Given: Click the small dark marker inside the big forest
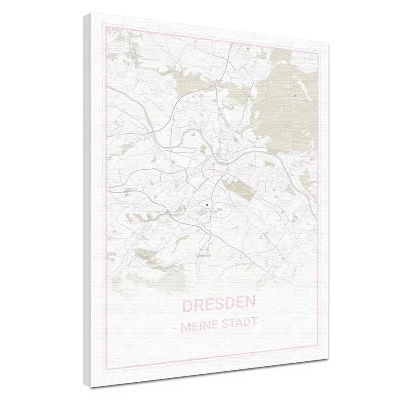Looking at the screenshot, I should (296, 96).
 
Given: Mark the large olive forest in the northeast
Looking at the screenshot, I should (289, 102).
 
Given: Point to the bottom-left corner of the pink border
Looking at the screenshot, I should (105, 368).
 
